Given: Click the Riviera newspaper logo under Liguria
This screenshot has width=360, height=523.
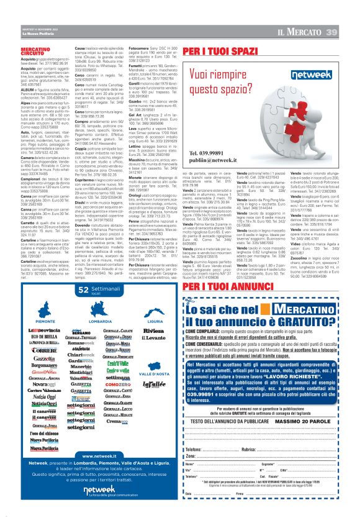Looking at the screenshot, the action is (153, 331).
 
